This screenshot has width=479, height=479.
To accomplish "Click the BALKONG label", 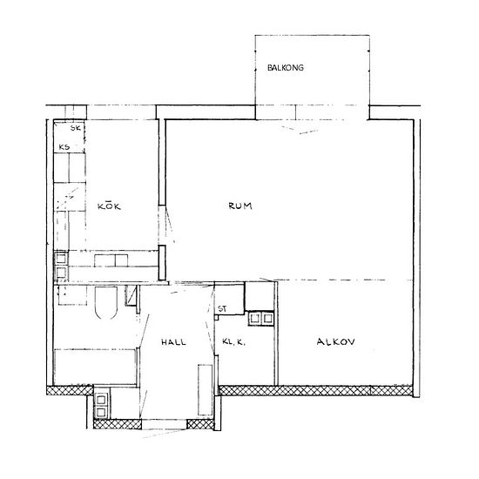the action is click(x=286, y=68).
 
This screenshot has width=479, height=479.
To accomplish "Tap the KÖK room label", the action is click(x=109, y=206).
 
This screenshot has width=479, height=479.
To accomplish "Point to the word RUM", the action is click(x=240, y=206).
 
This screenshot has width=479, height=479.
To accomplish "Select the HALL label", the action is click(x=173, y=342).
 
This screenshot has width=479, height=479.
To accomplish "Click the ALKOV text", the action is click(x=335, y=341).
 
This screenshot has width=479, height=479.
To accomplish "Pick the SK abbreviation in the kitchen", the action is click(x=76, y=128).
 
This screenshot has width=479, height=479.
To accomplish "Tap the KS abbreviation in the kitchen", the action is click(x=64, y=147).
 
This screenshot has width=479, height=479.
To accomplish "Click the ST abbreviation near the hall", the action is click(x=222, y=309).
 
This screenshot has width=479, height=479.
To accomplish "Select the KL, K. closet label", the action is click(x=234, y=342).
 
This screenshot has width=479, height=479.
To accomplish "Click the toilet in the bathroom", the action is click(x=106, y=302).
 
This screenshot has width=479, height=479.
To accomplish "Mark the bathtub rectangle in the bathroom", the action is click(x=95, y=367).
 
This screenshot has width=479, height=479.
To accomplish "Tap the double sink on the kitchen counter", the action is click(x=111, y=260).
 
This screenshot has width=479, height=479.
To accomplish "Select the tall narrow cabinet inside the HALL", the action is click(x=205, y=390).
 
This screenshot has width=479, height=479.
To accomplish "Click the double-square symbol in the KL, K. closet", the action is click(x=261, y=319).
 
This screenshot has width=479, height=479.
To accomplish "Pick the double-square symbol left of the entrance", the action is click(x=101, y=405).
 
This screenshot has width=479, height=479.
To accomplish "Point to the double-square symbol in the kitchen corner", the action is click(x=61, y=265).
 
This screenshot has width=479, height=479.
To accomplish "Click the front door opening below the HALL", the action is click(x=165, y=424).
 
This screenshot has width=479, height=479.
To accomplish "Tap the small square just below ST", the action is click(x=217, y=317).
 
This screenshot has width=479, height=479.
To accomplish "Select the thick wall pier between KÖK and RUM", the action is click(x=162, y=263).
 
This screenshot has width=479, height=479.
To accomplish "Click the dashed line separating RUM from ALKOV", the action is click(x=342, y=280).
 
